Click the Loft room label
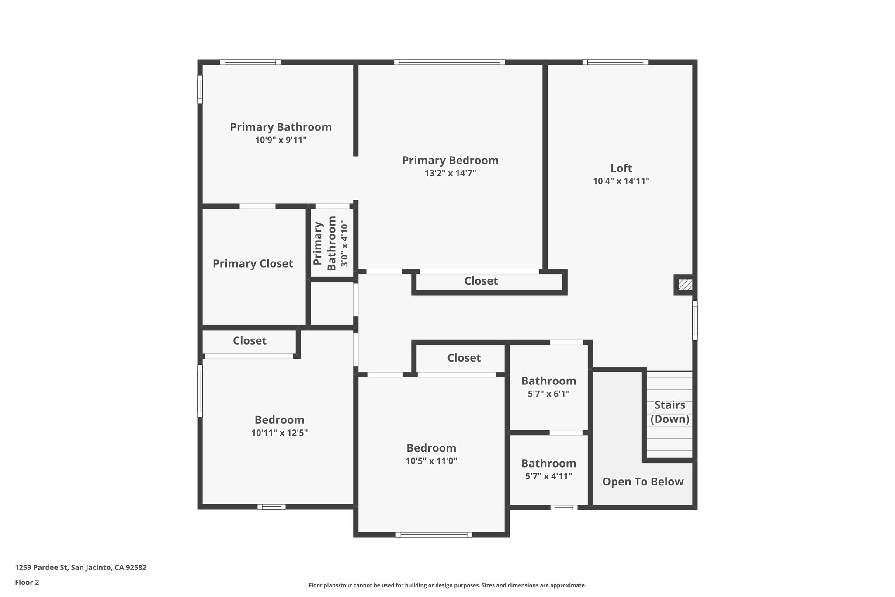(x=621, y=168)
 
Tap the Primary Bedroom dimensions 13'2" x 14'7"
(x=450, y=173)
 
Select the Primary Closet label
(x=253, y=264)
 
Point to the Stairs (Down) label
(x=670, y=412)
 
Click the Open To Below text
(x=643, y=482)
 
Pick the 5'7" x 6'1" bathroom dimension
(x=548, y=394)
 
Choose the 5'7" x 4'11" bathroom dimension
(x=548, y=476)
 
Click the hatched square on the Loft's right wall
(x=685, y=285)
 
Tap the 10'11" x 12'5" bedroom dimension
(x=279, y=433)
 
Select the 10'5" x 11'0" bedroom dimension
(x=431, y=461)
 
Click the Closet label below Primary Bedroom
(x=481, y=281)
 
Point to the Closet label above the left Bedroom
(x=250, y=341)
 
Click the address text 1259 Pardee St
(x=80, y=568)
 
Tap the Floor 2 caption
(x=27, y=582)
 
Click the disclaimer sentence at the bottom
(x=447, y=585)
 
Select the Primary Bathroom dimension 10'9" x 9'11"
(x=281, y=140)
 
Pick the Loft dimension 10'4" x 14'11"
(x=621, y=181)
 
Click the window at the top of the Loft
(x=615, y=63)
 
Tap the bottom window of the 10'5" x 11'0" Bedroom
(x=434, y=534)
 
